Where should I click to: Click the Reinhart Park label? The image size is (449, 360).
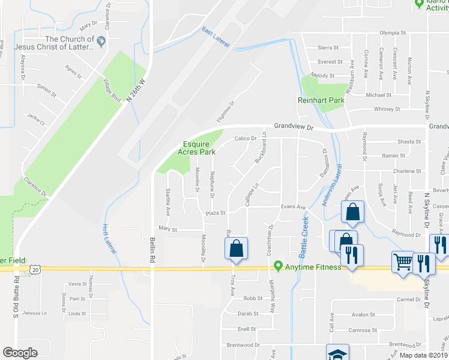tap(321, 101)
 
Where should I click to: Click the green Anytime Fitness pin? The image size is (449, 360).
tap(278, 265)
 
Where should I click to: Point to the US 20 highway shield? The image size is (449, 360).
tap(36, 271)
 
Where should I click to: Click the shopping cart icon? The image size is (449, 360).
tap(402, 261)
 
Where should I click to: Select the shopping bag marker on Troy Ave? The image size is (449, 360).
tap(237, 248)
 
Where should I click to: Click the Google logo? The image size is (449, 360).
tap(20, 352)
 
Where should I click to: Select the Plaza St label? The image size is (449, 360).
tap(215, 213)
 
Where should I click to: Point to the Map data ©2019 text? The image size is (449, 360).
tap(423, 355)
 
